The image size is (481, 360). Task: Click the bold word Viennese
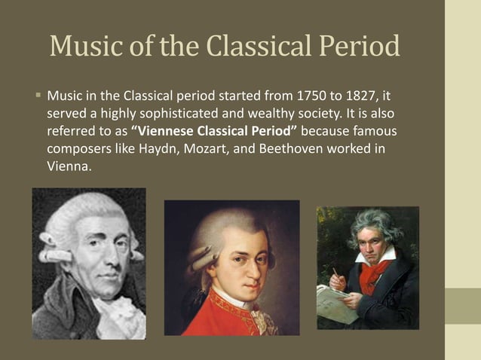pos(167,132)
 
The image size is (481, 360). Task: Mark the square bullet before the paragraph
pos(36,96)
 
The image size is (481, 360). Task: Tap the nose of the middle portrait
pos(240,269)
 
